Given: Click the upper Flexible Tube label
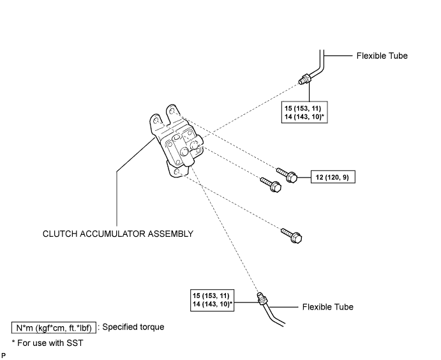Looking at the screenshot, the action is (x=382, y=56).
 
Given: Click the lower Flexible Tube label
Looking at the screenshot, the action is (x=327, y=307).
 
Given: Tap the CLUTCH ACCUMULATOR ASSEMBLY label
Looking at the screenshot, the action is (x=118, y=234).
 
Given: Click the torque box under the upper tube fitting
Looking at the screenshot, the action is (x=304, y=112).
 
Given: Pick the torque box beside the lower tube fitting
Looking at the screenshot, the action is (x=212, y=300).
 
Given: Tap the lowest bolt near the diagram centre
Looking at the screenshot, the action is (x=292, y=236).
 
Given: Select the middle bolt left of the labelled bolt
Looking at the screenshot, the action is (x=271, y=184).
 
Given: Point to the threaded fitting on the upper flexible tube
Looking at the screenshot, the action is (x=304, y=79).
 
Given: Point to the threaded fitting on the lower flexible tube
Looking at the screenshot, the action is (x=262, y=299).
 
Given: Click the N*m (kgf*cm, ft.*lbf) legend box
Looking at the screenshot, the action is (x=54, y=328).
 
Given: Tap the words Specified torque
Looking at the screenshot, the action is (x=133, y=327).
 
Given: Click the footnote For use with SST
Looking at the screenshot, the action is (x=47, y=343).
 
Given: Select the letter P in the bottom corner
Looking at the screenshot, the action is (x=3, y=356).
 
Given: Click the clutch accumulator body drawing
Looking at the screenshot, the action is (x=176, y=140).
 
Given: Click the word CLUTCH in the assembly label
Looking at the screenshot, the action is (x=60, y=234).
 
